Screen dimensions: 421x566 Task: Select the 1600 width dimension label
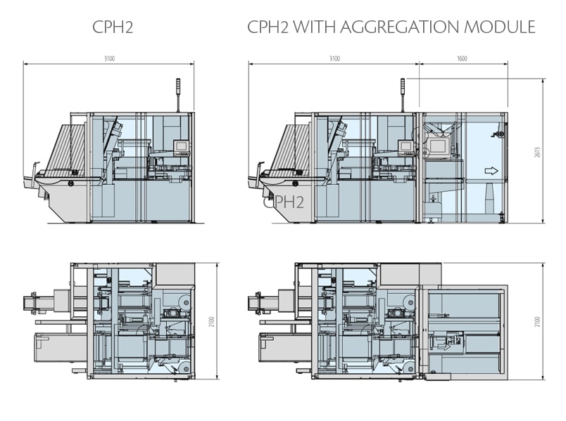pos(462,59)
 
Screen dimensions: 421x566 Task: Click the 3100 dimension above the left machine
pos(108,59)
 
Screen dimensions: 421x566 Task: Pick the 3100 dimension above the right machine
pos(334,59)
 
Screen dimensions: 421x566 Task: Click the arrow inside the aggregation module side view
pos(491,170)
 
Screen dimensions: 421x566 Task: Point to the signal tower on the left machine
pos(177,95)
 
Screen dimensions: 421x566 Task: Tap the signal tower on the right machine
pos(403,95)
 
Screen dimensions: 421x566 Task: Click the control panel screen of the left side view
pos(180,146)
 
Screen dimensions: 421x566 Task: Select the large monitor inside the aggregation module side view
pos(439,146)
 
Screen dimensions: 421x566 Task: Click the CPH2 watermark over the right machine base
pos(284,203)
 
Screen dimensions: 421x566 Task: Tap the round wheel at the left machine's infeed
pos(70,183)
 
